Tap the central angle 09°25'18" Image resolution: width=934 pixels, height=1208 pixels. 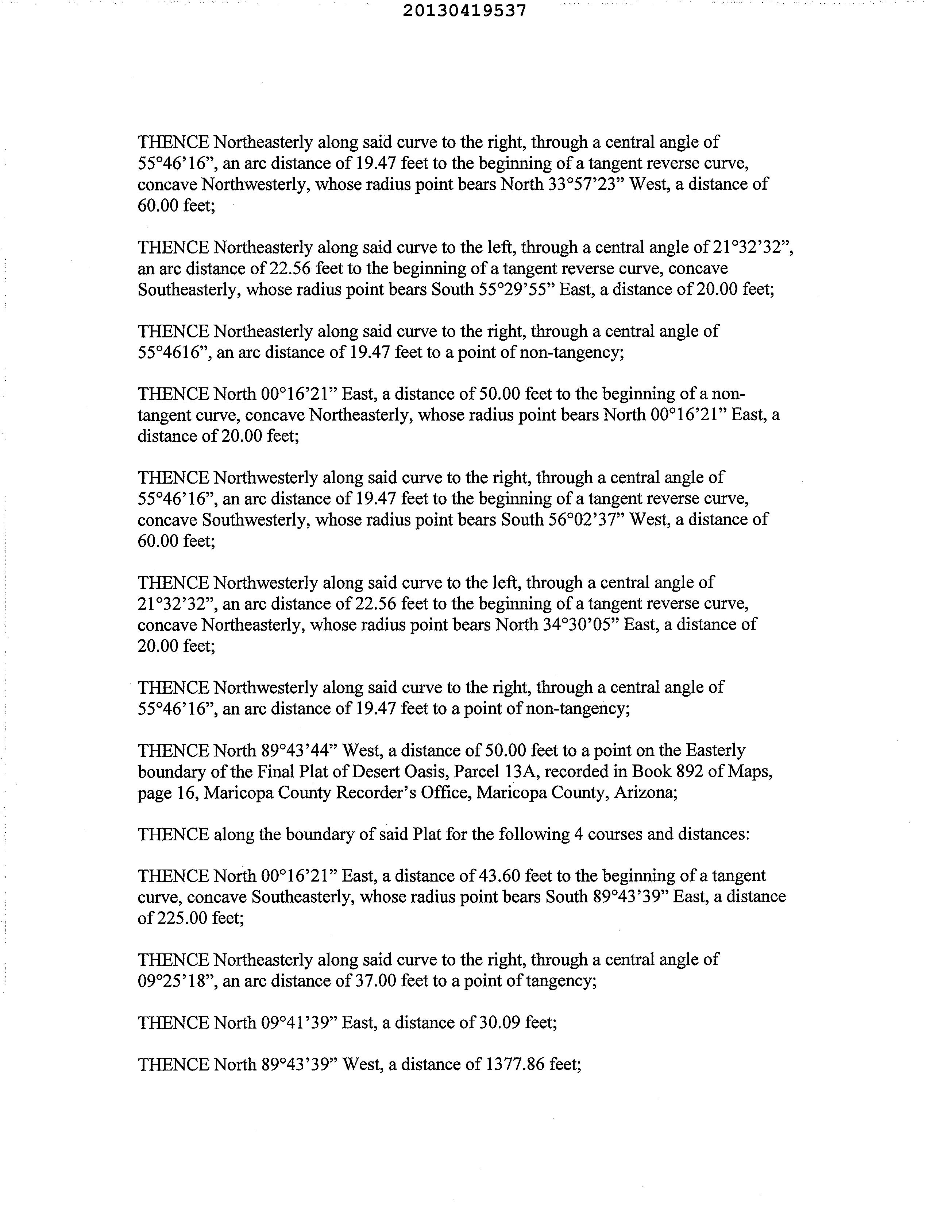[x=176, y=981]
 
